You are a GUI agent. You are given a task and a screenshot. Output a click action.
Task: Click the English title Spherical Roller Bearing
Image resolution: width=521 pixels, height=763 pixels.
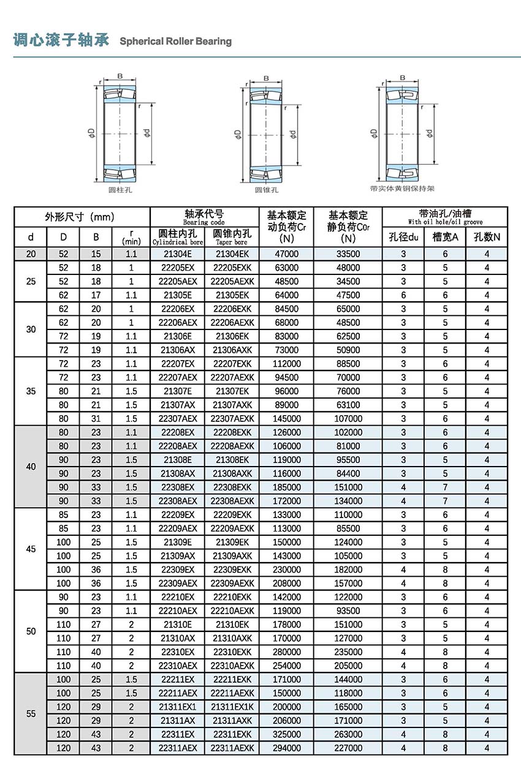(175, 42)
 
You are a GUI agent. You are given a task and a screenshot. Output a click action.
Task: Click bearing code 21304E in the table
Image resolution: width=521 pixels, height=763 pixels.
(177, 254)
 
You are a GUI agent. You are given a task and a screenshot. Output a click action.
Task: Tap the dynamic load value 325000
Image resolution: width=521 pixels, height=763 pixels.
(286, 734)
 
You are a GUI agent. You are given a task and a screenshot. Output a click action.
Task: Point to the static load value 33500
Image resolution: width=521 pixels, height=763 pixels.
(348, 254)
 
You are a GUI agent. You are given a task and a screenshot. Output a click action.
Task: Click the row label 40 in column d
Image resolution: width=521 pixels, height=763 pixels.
(31, 467)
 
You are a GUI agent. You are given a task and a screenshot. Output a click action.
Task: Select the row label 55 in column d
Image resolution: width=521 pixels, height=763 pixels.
(31, 713)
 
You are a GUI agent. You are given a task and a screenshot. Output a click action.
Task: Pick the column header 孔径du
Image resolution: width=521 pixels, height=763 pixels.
(403, 237)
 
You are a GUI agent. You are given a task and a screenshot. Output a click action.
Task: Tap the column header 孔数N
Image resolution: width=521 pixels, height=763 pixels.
(487, 237)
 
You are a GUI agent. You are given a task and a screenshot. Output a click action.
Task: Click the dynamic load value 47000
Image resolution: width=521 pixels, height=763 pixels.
(286, 254)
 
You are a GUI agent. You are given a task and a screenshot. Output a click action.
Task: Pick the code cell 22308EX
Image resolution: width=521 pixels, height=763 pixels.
(177, 487)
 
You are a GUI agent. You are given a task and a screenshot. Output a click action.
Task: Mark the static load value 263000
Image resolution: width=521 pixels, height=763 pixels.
(348, 734)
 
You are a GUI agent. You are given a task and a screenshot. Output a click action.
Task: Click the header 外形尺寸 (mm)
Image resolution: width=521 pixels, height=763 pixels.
(80, 217)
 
